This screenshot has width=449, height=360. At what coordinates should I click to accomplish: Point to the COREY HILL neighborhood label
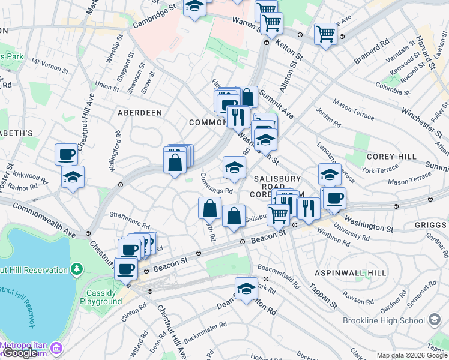391,157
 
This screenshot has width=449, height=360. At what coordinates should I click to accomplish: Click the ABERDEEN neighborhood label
140,113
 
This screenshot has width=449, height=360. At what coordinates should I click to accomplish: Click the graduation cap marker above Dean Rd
246,289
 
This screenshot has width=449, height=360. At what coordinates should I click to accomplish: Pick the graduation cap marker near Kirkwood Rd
73,177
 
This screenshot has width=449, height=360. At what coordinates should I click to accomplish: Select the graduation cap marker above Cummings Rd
234,167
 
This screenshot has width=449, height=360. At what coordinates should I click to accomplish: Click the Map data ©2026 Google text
412,355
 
